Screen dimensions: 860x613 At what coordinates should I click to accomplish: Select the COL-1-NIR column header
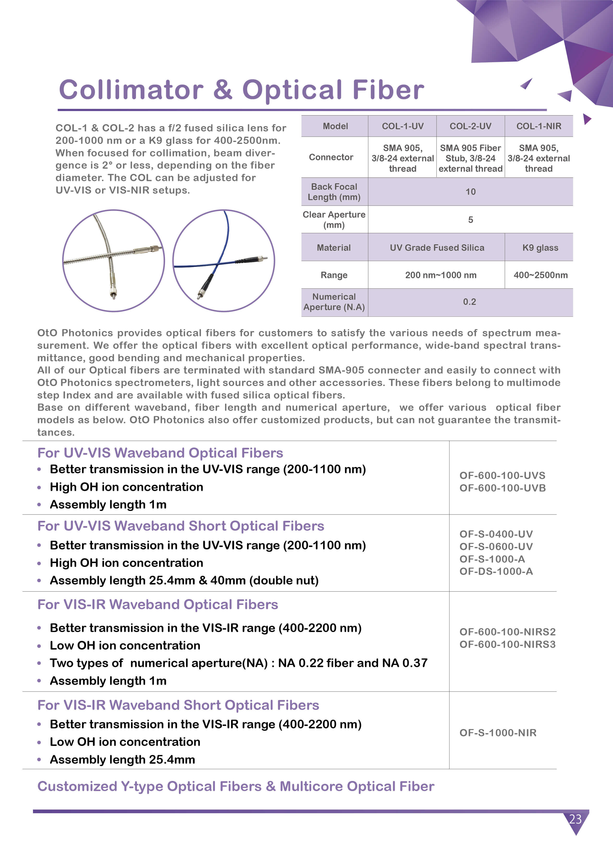point(539,126)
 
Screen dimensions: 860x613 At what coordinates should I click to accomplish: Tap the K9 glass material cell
point(540,248)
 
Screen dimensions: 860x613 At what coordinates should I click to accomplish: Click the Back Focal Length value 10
point(470,192)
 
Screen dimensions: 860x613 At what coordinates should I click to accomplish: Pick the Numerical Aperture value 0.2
point(470,302)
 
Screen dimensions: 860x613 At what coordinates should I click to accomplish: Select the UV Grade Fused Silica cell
point(437,248)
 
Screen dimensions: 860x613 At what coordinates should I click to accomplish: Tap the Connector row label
point(331,157)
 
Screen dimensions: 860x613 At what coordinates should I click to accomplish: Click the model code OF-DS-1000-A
point(496,571)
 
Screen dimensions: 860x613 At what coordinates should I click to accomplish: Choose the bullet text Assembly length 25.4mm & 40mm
point(184,580)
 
